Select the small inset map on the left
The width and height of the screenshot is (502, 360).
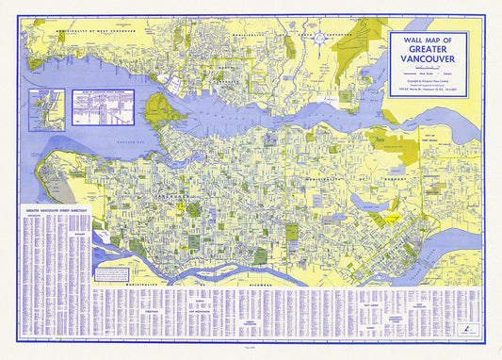pyautogui.click(x=67, y=109)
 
